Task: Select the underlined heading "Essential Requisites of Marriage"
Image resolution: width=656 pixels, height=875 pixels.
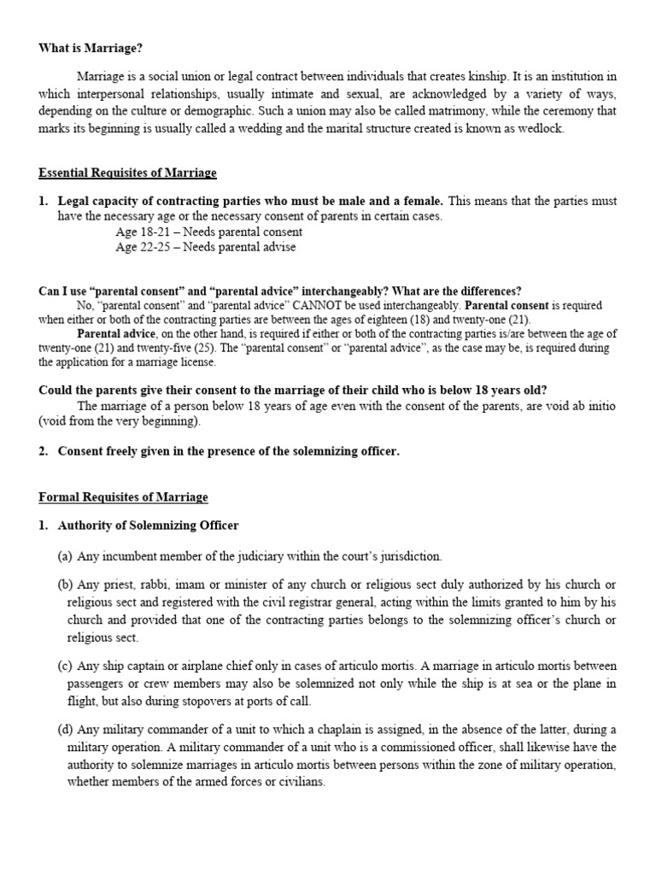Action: [127, 173]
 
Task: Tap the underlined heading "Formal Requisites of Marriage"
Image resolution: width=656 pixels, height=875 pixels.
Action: [123, 496]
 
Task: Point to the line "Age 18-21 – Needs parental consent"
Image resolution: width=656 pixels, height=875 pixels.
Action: [208, 232]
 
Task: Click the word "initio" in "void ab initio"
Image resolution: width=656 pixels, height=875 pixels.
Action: [599, 405]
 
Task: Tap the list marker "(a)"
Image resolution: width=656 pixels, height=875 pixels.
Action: [65, 556]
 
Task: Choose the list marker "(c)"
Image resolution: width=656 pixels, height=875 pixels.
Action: [65, 665]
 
